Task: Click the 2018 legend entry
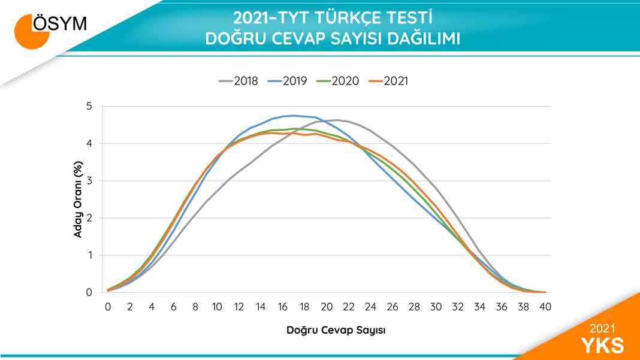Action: pyautogui.click(x=239, y=81)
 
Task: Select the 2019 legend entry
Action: pyautogui.click(x=287, y=81)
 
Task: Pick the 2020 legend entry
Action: pyautogui.click(x=337, y=81)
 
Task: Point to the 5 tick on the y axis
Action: pyautogui.click(x=89, y=107)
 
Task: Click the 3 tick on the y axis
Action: pyautogui.click(x=89, y=181)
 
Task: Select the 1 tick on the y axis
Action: pyautogui.click(x=89, y=256)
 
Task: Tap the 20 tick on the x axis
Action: pyautogui.click(x=327, y=307)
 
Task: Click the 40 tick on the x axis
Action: pyautogui.click(x=545, y=307)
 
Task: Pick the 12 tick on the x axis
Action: pyautogui.click(x=239, y=307)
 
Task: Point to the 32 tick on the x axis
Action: pyautogui.click(x=458, y=307)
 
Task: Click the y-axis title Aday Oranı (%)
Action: pyautogui.click(x=78, y=199)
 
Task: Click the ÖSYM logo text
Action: pyautogui.click(x=60, y=23)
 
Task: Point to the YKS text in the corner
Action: pyautogui.click(x=602, y=345)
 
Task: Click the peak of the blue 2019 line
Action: pyautogui.click(x=294, y=116)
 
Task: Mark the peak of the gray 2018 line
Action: pyautogui.click(x=337, y=120)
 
